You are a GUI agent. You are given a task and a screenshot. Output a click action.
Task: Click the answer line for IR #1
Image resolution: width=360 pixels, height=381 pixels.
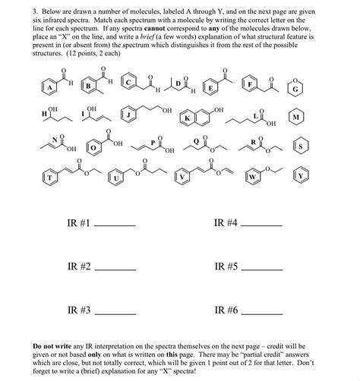coord(115,227)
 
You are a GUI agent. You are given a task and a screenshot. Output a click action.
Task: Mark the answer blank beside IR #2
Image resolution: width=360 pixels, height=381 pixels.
coord(115,270)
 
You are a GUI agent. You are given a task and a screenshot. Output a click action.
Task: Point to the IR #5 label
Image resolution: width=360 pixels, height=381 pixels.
coord(226,266)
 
